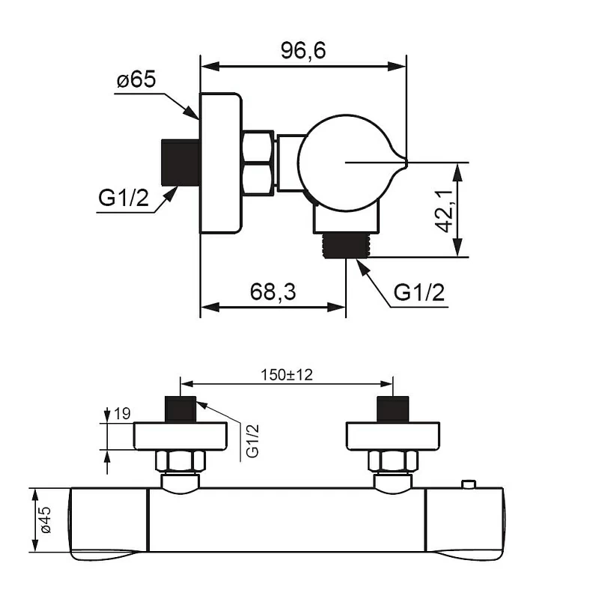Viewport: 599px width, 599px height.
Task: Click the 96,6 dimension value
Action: [x=303, y=50]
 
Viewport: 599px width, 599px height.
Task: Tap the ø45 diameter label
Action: [x=45, y=520]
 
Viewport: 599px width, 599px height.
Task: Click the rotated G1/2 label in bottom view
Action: [x=252, y=441]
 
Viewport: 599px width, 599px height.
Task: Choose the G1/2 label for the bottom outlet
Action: [x=419, y=292]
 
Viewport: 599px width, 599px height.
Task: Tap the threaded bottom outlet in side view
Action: [x=345, y=245]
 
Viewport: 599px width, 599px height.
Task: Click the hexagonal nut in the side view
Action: [x=259, y=162]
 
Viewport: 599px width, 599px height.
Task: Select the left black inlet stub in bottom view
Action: [x=180, y=409]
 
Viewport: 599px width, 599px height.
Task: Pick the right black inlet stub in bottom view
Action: [x=392, y=409]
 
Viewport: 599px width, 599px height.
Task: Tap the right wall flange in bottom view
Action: [x=392, y=436]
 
